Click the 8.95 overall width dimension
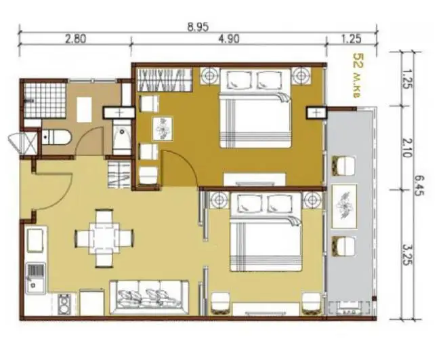point(198,27)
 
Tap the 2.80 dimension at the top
point(75,39)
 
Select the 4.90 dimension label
point(229,39)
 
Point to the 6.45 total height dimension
point(419,186)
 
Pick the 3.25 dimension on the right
point(407,255)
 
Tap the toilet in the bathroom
point(56,137)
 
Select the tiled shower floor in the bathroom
point(45,100)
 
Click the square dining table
point(104,238)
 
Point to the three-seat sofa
point(149,297)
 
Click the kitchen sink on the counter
point(36,278)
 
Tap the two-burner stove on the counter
point(64,304)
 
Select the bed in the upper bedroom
point(255,108)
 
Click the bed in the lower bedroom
point(266,232)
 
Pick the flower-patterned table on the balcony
point(344,207)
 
